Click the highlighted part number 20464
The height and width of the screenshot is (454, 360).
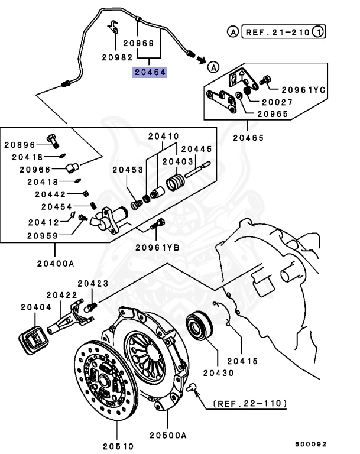tap(150, 72)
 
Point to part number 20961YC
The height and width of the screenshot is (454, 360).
tap(303, 90)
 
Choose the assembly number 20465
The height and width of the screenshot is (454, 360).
tap(248, 138)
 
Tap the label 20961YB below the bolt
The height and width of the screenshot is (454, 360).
tap(157, 247)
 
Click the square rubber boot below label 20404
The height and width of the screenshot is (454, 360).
tap(35, 339)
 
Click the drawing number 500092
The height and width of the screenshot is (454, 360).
tap(310, 444)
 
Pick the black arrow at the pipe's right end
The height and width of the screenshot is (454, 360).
tap(201, 59)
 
